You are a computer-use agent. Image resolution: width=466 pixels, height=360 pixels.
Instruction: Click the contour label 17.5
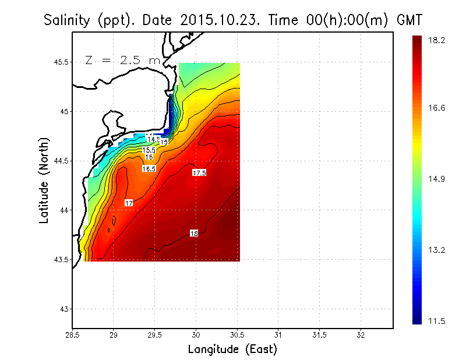click(199, 173)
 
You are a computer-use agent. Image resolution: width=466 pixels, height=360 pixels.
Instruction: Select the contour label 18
click(194, 234)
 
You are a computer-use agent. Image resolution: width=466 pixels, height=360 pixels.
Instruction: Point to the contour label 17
click(129, 203)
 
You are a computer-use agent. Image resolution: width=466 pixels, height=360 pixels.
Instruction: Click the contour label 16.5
click(149, 168)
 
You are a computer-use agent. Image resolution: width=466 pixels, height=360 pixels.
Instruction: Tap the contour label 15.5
click(149, 150)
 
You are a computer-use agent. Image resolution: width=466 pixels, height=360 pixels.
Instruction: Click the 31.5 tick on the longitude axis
click(319, 336)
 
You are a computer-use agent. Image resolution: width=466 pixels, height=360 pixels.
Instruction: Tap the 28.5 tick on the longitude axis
click(72, 336)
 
